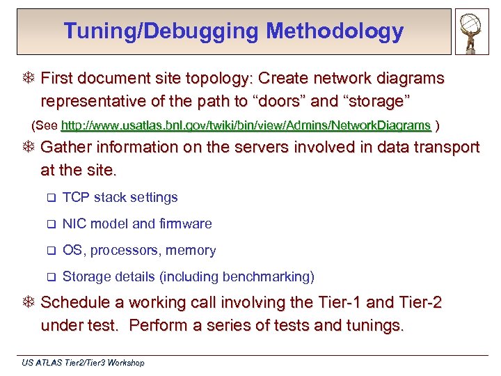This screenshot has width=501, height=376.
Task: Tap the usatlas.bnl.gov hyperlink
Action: point(246,126)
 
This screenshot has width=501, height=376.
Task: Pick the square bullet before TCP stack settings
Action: point(50,198)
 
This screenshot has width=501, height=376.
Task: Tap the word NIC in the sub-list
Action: point(74,224)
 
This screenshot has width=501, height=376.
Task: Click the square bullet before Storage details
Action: point(50,277)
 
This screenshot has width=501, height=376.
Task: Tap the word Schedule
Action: point(73,303)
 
